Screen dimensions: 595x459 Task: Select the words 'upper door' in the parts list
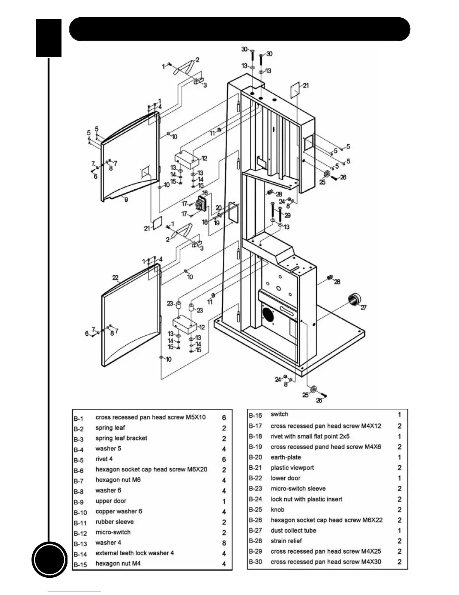pyautogui.click(x=111, y=501)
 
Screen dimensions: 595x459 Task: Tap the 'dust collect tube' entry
pyautogui.click(x=293, y=530)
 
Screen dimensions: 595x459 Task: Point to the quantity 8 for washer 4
pyautogui.click(x=224, y=543)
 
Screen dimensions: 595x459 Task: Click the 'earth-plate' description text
pyautogui.click(x=286, y=457)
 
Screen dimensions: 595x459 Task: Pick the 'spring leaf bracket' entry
pyautogui.click(x=121, y=438)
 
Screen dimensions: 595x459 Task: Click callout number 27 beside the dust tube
pyautogui.click(x=363, y=307)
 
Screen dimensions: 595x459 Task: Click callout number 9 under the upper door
pyautogui.click(x=126, y=199)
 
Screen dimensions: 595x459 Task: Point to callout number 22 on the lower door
pyautogui.click(x=115, y=278)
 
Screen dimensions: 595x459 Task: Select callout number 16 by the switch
pyautogui.click(x=205, y=193)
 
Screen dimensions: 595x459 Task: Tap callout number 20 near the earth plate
pyautogui.click(x=218, y=208)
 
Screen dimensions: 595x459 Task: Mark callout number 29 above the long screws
pyautogui.click(x=287, y=215)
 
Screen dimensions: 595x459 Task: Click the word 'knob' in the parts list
pyautogui.click(x=277, y=510)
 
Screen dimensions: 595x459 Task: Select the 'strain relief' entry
pyautogui.click(x=286, y=541)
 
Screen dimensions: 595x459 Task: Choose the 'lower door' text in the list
pyautogui.click(x=285, y=478)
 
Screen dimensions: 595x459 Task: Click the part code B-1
pyautogui.click(x=78, y=418)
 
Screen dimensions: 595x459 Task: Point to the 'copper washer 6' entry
pyautogui.click(x=118, y=511)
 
